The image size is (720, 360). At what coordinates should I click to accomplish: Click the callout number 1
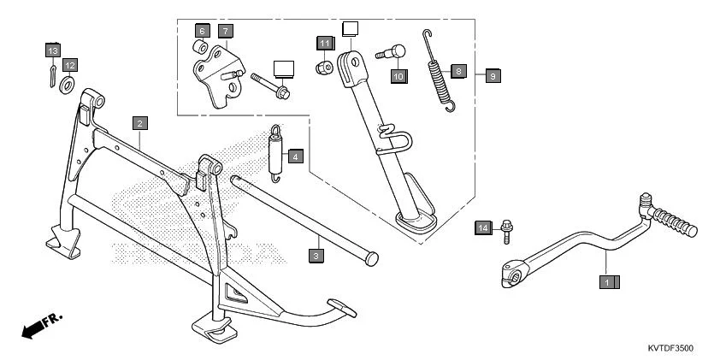coord(608,280)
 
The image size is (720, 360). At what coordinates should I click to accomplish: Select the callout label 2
coord(139,122)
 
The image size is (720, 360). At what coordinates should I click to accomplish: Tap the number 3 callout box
coord(316,255)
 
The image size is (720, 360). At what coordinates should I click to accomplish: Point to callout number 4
coord(294,156)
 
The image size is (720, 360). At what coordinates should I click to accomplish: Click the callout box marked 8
coord(458,72)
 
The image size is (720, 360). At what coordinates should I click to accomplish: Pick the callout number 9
coord(492,75)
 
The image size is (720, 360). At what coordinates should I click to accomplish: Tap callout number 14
coord(482,227)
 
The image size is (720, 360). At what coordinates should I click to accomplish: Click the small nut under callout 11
coord(325,67)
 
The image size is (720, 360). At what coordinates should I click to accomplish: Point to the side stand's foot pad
coord(416,223)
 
